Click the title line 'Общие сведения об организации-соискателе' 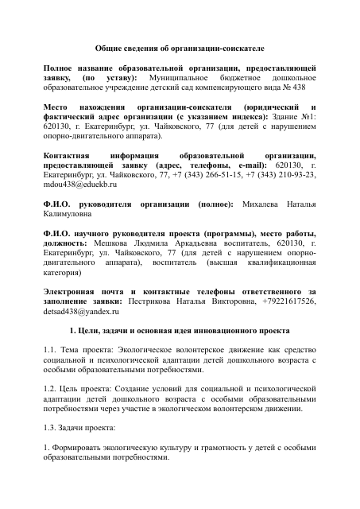pyautogui.click(x=179, y=49)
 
